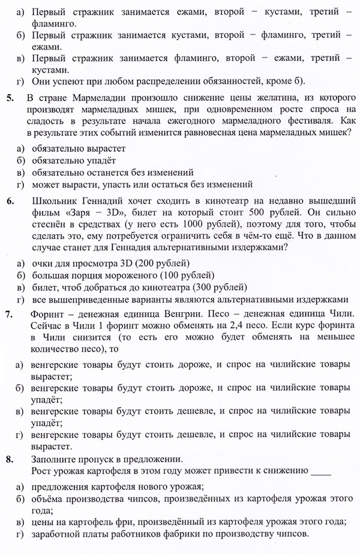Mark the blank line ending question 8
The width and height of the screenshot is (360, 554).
click(321, 472)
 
